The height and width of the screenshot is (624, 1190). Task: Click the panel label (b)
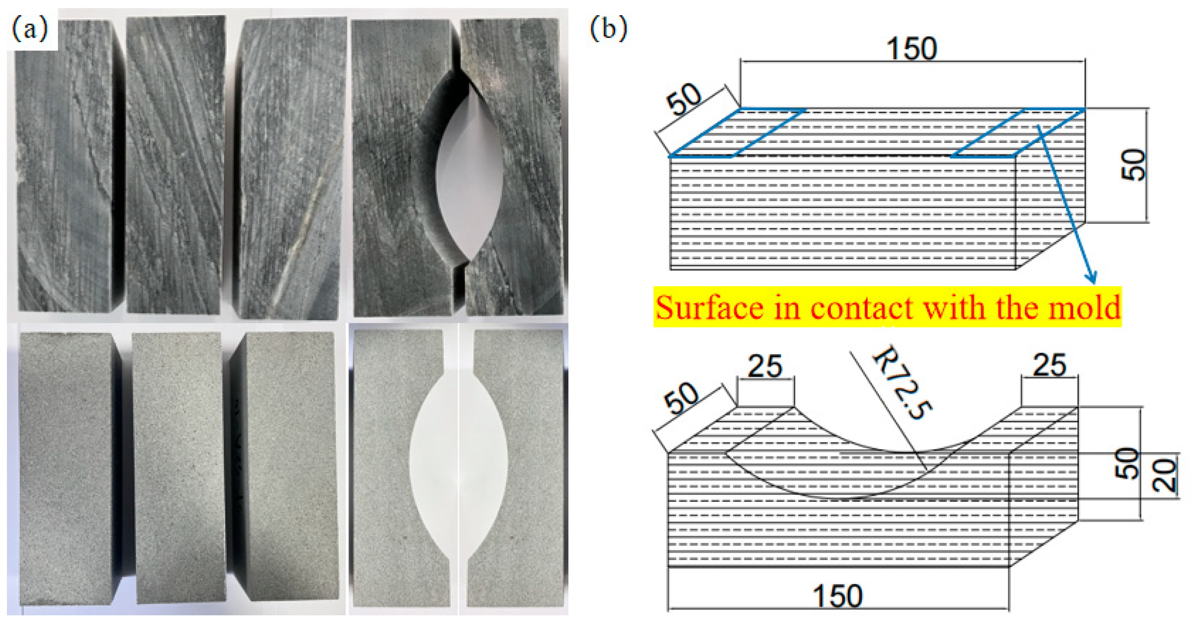tap(608, 28)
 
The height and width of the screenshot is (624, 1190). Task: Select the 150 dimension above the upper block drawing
tap(912, 49)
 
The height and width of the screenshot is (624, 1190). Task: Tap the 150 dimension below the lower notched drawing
tap(837, 596)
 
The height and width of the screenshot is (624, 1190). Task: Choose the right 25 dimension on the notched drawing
tap(1049, 365)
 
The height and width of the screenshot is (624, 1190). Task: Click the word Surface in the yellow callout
tap(708, 308)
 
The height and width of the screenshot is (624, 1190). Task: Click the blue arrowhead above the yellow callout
tap(1093, 278)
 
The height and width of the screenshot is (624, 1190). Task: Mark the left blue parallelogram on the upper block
tap(737, 133)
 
